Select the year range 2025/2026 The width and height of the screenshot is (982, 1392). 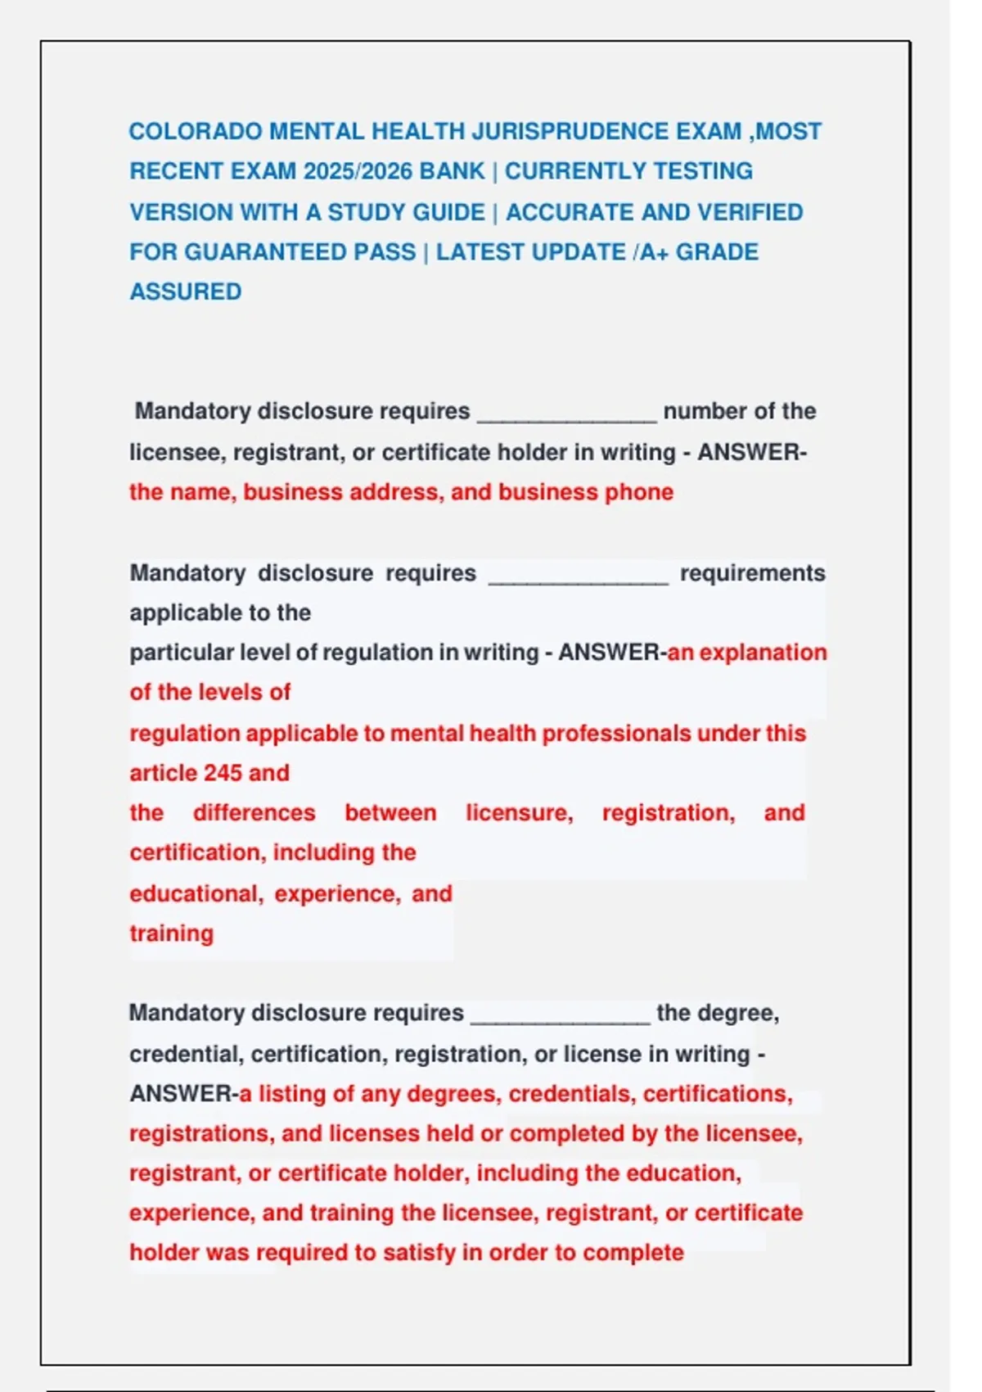(x=357, y=172)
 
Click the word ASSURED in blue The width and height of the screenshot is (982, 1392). (x=186, y=292)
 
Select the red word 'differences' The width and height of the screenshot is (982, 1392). (x=254, y=813)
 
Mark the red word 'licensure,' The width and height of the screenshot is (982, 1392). (x=520, y=813)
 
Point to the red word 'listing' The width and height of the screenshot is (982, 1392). (x=291, y=1094)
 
